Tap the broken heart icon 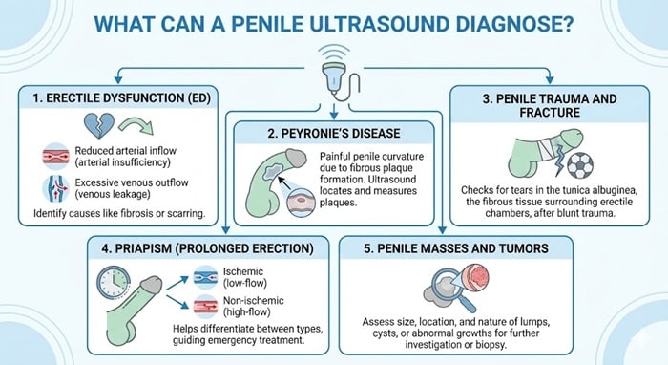pyautogui.click(x=44, y=123)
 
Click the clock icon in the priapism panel pyautogui.click(x=112, y=279)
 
